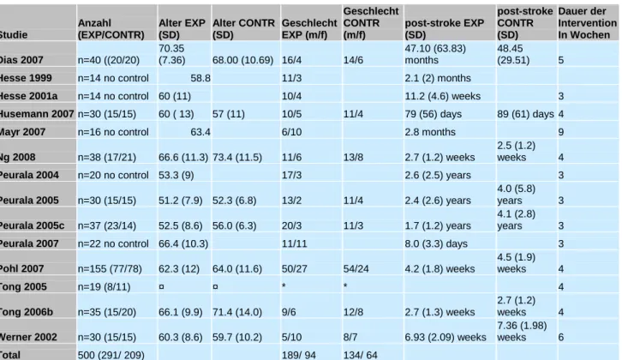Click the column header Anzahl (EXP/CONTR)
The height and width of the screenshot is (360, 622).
pyautogui.click(x=111, y=29)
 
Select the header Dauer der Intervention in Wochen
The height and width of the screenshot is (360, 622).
pyautogui.click(x=587, y=23)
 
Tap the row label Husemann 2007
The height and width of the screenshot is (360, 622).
pyautogui.click(x=37, y=114)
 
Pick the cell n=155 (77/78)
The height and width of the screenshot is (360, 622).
pyautogui.click(x=110, y=269)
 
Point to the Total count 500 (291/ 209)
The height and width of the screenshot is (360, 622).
pyautogui.click(x=111, y=355)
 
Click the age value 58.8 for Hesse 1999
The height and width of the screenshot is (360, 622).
pyautogui.click(x=200, y=78)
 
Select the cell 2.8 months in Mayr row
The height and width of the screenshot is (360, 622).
pyautogui.click(x=430, y=132)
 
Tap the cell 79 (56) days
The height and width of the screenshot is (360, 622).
pyautogui.click(x=434, y=114)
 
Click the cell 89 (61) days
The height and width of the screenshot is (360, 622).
pyautogui.click(x=525, y=114)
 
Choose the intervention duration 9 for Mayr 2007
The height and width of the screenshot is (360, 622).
pyautogui.click(x=561, y=132)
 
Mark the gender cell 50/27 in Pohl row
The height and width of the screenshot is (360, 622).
pyautogui.click(x=295, y=269)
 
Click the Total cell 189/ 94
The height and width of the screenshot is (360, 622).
pyautogui.click(x=299, y=355)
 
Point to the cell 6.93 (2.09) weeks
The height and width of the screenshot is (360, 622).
pyautogui.click(x=446, y=338)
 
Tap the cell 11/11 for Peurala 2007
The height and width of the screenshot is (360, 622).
pyautogui.click(x=295, y=243)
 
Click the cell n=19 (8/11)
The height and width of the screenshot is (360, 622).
pyautogui.click(x=104, y=287)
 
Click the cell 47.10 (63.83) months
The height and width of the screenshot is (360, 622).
pyautogui.click(x=435, y=54)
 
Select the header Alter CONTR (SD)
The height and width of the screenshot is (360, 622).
pyautogui.click(x=243, y=29)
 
